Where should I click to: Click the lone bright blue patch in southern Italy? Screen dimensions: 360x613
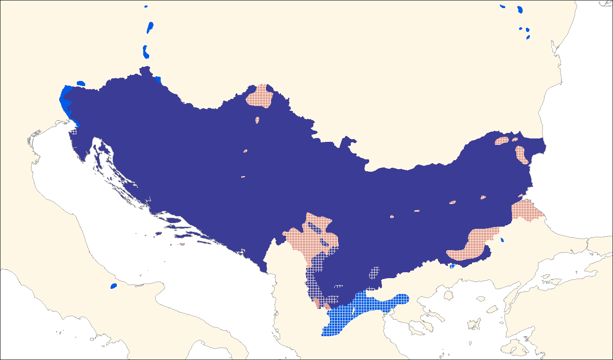pos(113,286)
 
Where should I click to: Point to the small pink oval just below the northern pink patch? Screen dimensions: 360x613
pos(257,120)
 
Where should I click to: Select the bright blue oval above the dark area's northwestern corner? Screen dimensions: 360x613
pos(81,83)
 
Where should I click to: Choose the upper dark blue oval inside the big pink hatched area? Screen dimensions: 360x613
pos(318,231)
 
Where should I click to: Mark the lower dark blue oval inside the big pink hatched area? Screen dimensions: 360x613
pos(325,244)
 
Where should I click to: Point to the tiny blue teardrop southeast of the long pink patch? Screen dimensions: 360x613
pos(502,240)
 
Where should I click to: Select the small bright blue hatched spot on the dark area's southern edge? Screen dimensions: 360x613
pos(452,267)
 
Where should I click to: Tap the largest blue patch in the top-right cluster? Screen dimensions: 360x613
pos(520,10)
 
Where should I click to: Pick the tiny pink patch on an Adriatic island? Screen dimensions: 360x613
pos(182,245)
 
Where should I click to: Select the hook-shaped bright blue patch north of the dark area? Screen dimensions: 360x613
pos(146,52)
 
